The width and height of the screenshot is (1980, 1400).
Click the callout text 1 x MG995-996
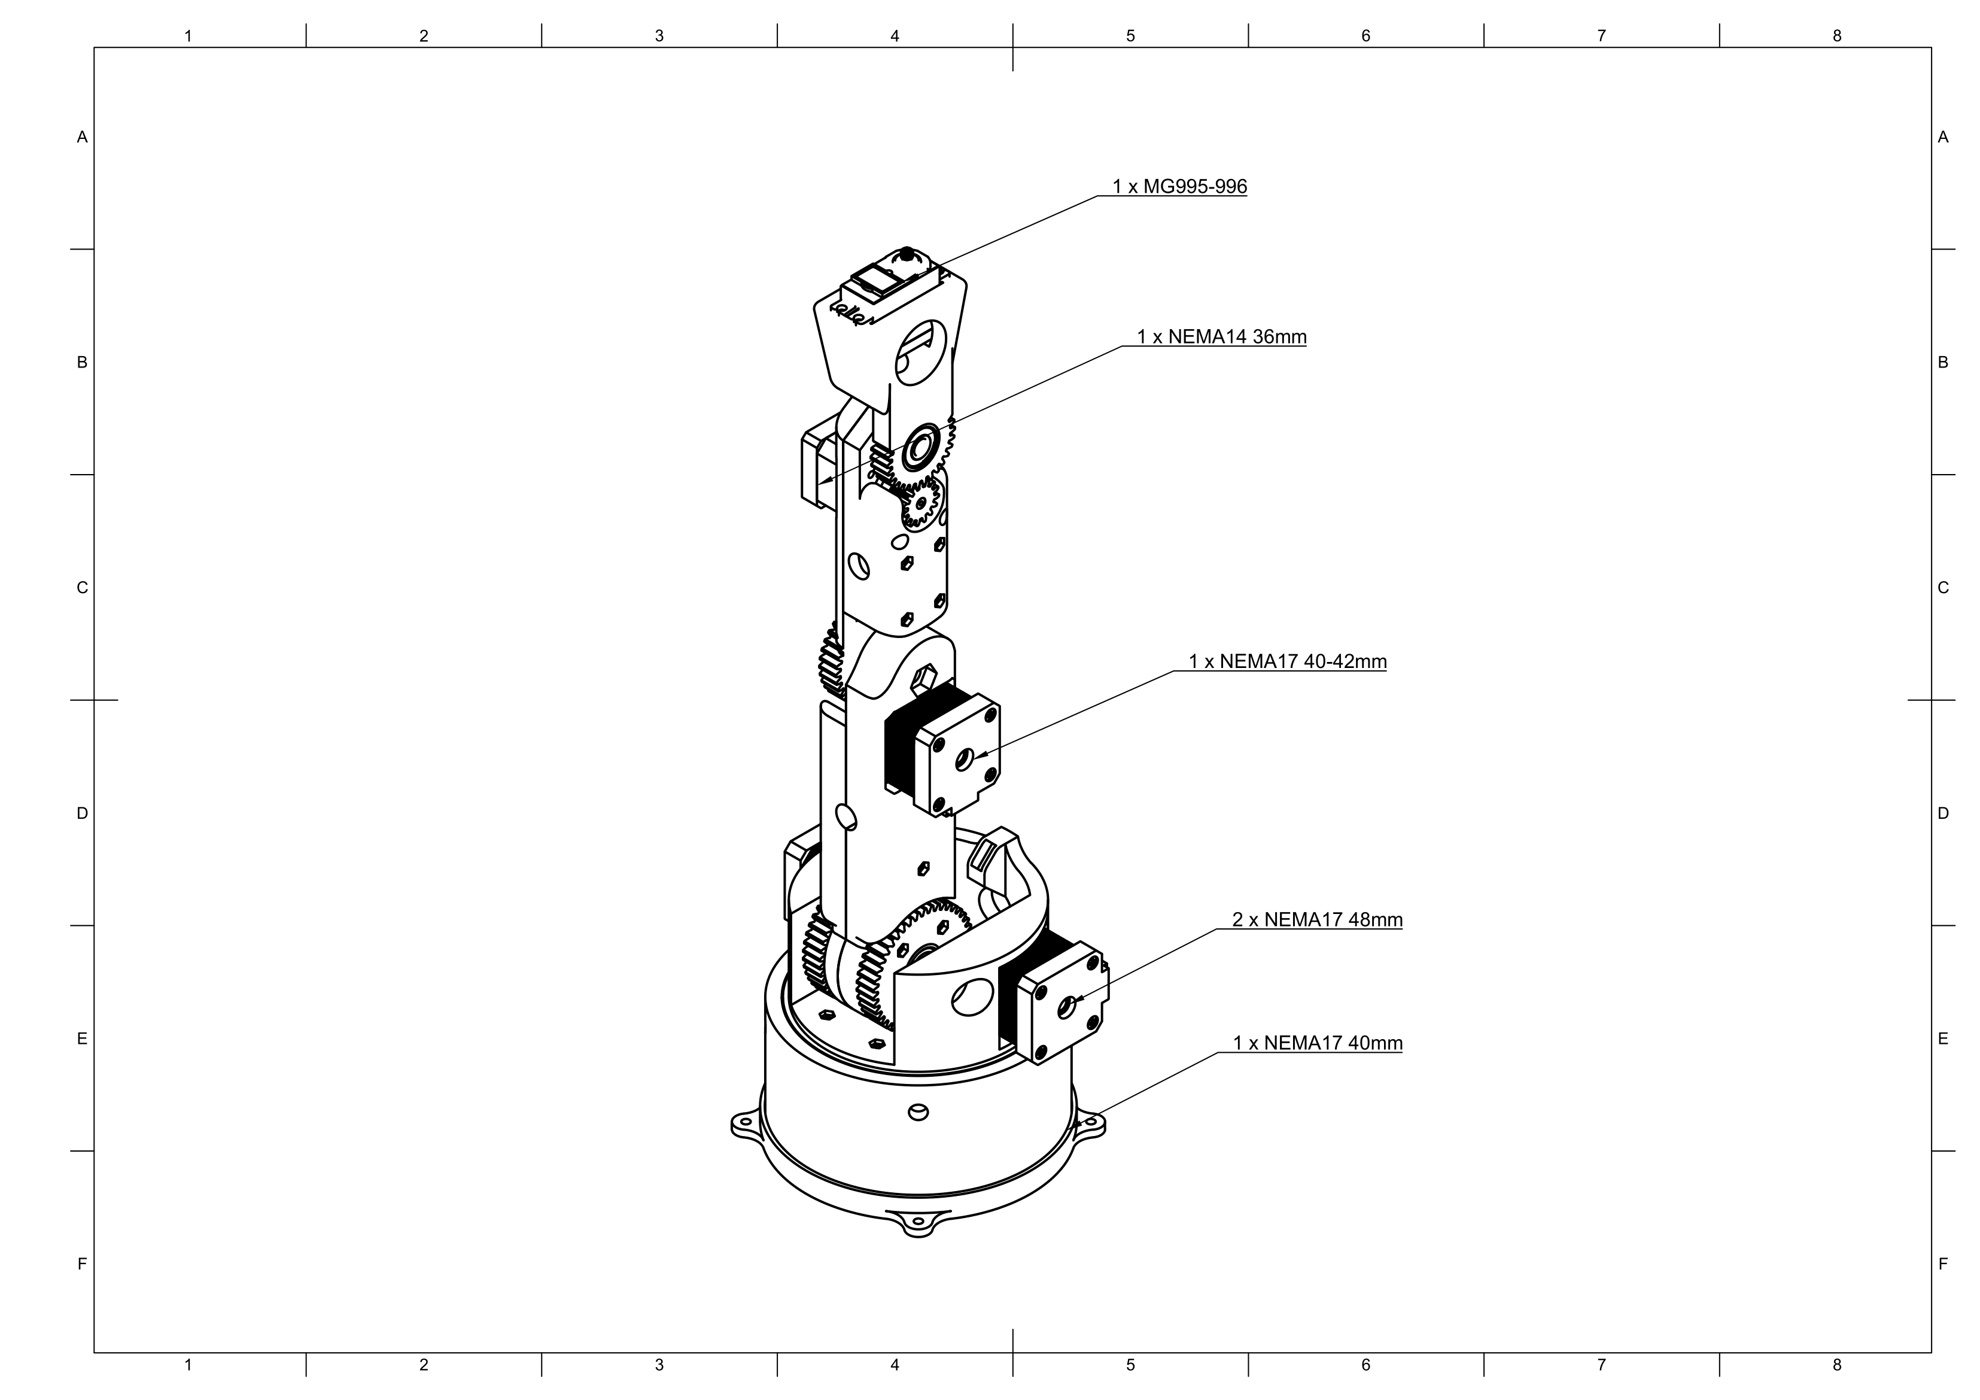1179,186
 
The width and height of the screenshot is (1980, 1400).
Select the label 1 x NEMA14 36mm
1221,336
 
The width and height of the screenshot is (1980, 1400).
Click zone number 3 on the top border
659,37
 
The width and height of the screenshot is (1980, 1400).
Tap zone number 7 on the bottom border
1601,1365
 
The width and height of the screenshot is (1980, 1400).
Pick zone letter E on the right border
1943,1038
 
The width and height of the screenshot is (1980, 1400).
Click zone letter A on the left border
82,137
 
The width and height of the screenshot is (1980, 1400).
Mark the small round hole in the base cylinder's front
918,1112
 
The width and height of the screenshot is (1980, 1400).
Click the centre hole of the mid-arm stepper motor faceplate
964,759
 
